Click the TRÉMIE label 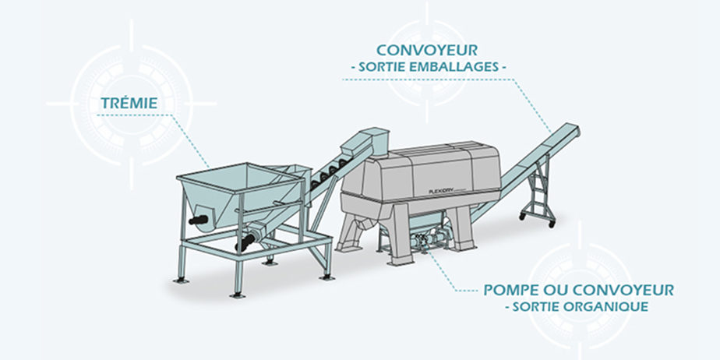pyautogui.click(x=129, y=103)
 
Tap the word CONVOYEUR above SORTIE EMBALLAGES pyautogui.click(x=426, y=50)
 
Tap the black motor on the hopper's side pyautogui.click(x=198, y=220)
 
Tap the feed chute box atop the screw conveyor pyautogui.click(x=375, y=140)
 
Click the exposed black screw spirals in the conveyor pyautogui.click(x=328, y=173)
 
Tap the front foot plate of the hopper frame pyautogui.click(x=238, y=295)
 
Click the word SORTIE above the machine pyautogui.click(x=379, y=67)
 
